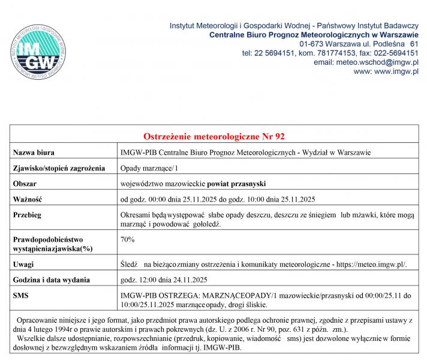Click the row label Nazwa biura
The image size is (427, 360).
coord(34,152)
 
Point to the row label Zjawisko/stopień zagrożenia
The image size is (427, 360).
coord(59,167)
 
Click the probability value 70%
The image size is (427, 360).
coord(127,239)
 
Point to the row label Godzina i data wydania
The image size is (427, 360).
coord(52,280)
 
